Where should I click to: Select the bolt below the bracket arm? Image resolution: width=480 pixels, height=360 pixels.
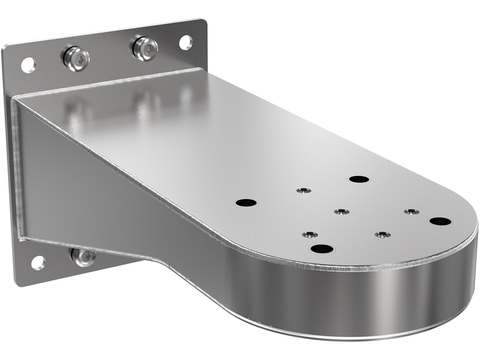pos(83,256)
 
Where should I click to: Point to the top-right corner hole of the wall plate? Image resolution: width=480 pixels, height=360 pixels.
pos(185,42)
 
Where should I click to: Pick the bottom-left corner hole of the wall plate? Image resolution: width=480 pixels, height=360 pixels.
pos(38,262)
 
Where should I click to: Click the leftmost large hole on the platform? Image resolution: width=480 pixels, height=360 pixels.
pos(246,203)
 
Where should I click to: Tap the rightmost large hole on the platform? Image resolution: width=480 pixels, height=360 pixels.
pos(440,221)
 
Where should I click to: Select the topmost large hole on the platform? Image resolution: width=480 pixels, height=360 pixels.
pos(359,179)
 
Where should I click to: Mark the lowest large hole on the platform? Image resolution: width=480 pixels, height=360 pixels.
pos(322,248)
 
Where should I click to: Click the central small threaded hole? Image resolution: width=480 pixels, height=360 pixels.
pos(341,212)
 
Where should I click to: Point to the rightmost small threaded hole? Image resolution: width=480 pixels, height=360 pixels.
pos(410,211)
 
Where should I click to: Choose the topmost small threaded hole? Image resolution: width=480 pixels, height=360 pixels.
pos(304,191)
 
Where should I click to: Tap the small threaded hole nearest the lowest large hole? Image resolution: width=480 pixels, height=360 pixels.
pos(309,234)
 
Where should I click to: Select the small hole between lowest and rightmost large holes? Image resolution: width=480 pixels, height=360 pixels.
pos(382,234)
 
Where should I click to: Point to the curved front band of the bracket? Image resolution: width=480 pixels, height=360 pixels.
pos(360,294)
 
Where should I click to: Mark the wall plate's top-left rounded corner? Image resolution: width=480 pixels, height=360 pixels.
pos(7,49)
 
